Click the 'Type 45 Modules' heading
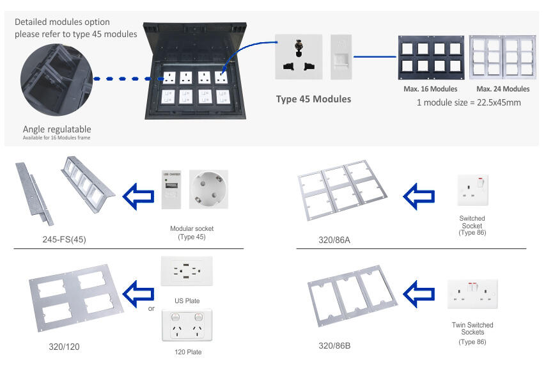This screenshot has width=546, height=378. coord(314,99)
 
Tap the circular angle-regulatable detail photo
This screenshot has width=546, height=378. coord(56,80)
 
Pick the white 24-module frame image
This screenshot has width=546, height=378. coord(503,58)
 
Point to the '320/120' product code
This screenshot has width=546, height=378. coord(64,347)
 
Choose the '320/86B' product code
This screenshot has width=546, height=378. coord(334,345)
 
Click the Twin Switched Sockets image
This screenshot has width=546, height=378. coord(472,294)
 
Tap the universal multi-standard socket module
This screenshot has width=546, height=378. coord(299,57)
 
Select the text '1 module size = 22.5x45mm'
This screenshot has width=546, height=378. coord(468,102)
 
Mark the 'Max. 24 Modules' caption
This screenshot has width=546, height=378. coord(503,89)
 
